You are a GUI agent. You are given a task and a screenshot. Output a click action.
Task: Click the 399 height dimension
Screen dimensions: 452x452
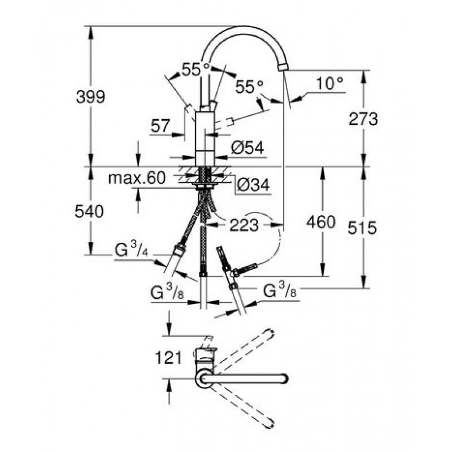point(90,97)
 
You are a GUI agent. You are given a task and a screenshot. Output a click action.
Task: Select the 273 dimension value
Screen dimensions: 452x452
point(363,119)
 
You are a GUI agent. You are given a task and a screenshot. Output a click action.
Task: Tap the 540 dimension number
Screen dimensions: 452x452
point(89,211)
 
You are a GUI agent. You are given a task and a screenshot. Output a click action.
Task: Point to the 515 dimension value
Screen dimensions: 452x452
point(362,228)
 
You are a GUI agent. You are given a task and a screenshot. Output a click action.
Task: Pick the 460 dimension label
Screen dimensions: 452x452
point(321,222)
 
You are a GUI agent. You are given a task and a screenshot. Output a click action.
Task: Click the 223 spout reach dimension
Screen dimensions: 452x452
point(244,225)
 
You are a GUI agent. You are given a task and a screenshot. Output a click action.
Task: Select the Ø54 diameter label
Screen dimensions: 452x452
point(247,148)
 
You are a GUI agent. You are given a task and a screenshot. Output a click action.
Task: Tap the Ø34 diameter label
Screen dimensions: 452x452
point(253,185)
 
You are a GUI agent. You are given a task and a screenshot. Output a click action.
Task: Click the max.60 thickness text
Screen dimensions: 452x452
point(137,178)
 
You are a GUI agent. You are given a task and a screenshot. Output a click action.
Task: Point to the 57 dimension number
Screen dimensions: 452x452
point(160,126)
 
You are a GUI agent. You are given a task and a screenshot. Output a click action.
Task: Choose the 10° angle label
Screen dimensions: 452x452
point(329,83)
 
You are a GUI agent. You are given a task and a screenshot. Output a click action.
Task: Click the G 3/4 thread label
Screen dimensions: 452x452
point(132,249)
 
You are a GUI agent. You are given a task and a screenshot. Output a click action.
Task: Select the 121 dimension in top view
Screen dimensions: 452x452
point(168,358)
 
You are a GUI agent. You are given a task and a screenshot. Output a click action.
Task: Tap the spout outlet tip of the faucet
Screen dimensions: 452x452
point(284,67)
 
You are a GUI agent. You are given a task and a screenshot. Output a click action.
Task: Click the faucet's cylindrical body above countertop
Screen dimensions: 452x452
point(205,139)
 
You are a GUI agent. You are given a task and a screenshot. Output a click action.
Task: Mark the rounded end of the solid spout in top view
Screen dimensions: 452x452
point(285,379)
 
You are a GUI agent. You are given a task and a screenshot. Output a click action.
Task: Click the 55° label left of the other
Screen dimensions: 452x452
point(195,69)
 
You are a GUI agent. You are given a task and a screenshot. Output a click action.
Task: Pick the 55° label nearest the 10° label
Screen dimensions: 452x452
point(249,86)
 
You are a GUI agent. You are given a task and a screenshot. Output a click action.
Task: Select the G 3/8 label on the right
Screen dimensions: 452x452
point(280,290)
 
